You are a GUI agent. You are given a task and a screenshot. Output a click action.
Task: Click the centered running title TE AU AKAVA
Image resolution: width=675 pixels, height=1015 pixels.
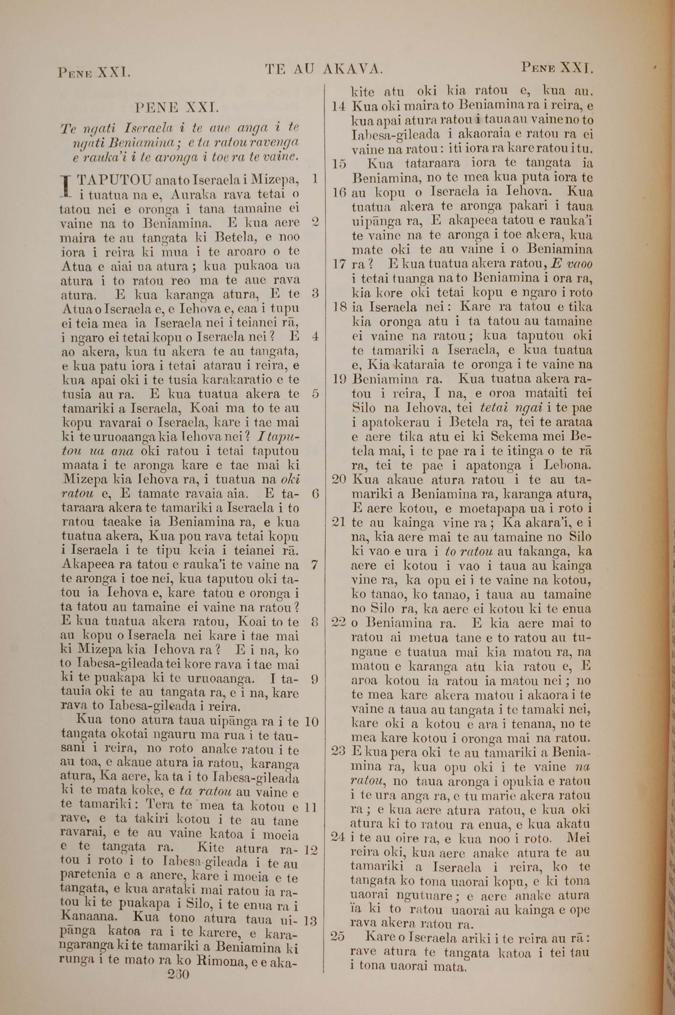point(324,69)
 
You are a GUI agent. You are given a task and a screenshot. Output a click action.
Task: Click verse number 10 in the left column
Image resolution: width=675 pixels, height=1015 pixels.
point(311,721)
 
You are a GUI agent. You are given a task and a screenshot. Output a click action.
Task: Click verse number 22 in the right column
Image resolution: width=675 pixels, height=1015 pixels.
point(339,623)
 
